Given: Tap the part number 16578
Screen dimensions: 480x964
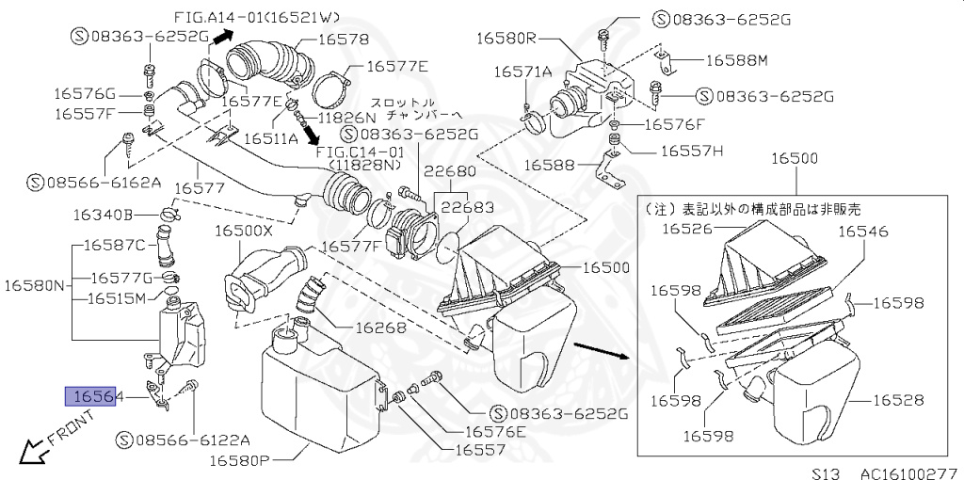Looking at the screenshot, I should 343,40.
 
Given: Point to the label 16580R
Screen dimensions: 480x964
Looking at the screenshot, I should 506,39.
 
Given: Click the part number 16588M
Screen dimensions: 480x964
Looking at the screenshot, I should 737,59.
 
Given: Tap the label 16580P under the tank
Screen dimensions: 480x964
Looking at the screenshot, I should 239,461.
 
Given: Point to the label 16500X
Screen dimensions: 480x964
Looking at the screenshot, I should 243,231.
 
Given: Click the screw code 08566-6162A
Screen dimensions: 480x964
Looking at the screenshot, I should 94,181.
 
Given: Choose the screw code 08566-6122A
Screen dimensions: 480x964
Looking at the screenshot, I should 185,440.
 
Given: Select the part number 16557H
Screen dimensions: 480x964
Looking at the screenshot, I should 691,150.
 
